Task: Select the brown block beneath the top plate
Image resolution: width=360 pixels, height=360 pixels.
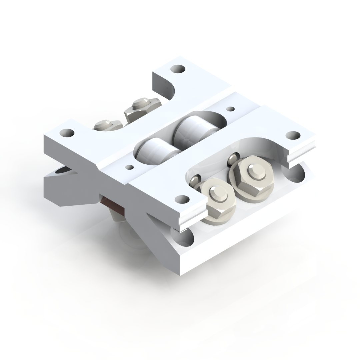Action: (x=112, y=204)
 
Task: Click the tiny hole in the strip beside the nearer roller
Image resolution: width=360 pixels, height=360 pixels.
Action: (x=130, y=167)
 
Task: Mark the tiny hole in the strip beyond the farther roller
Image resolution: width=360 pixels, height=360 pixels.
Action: (x=230, y=109)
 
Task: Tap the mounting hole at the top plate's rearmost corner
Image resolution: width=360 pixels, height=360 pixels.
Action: (x=177, y=69)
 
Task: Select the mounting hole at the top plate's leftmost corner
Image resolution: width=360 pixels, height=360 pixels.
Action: (x=67, y=133)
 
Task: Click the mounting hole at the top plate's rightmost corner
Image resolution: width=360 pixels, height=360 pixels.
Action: (x=293, y=135)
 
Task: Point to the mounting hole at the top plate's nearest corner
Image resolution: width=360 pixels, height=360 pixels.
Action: (x=182, y=199)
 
